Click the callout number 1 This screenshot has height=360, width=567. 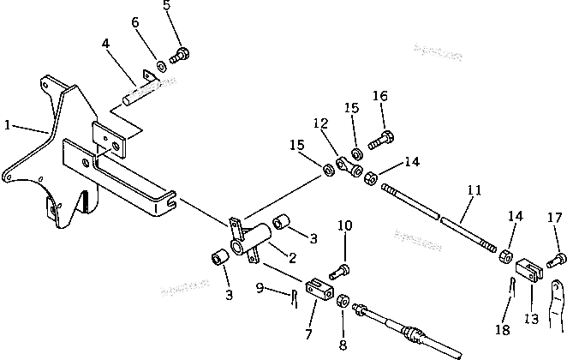tap(7, 125)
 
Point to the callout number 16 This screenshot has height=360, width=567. tap(379, 97)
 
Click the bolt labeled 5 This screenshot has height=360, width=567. tap(181, 55)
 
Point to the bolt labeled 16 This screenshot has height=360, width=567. tap(381, 136)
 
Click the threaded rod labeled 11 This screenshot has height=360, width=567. tap(437, 214)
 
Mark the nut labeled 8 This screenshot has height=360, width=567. tap(343, 301)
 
